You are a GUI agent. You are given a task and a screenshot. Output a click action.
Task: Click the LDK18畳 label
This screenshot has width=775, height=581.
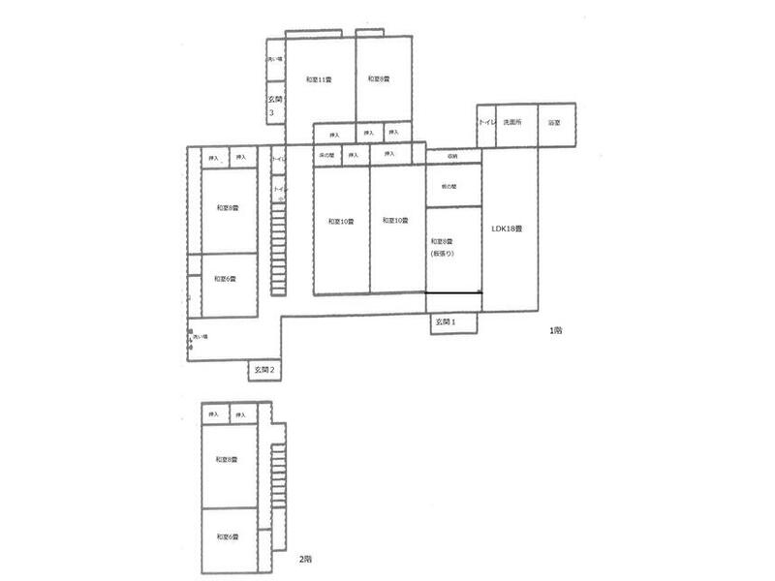point(507,229)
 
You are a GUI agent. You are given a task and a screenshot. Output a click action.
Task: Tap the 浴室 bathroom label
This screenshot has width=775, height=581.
point(555,123)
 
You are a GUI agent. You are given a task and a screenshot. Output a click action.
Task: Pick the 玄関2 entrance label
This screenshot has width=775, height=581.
point(265,369)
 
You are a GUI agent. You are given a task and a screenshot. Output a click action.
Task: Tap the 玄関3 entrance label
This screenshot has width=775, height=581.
point(274,106)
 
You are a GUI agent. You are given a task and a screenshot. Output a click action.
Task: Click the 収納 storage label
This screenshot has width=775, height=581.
point(452,155)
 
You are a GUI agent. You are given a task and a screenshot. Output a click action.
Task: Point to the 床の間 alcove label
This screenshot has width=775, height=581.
point(325,154)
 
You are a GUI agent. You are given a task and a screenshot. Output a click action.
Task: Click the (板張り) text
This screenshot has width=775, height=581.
point(441,253)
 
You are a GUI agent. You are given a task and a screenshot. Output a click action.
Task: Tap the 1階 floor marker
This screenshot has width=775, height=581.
point(555,330)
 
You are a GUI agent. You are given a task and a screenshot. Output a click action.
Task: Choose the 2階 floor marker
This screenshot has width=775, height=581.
point(305,560)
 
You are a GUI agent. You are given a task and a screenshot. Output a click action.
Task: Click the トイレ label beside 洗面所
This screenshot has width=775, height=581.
point(486,123)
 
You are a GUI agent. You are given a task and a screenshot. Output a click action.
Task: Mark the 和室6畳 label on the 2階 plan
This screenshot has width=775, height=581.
point(229,536)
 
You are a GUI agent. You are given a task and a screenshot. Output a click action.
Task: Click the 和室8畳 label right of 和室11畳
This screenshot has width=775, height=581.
point(379,79)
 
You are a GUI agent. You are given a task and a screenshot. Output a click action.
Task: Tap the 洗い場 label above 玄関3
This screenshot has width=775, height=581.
point(274,60)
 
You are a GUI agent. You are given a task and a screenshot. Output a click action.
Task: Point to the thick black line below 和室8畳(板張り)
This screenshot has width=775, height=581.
point(454,292)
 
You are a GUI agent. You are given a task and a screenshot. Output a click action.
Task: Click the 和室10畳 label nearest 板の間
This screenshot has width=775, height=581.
point(394,222)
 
